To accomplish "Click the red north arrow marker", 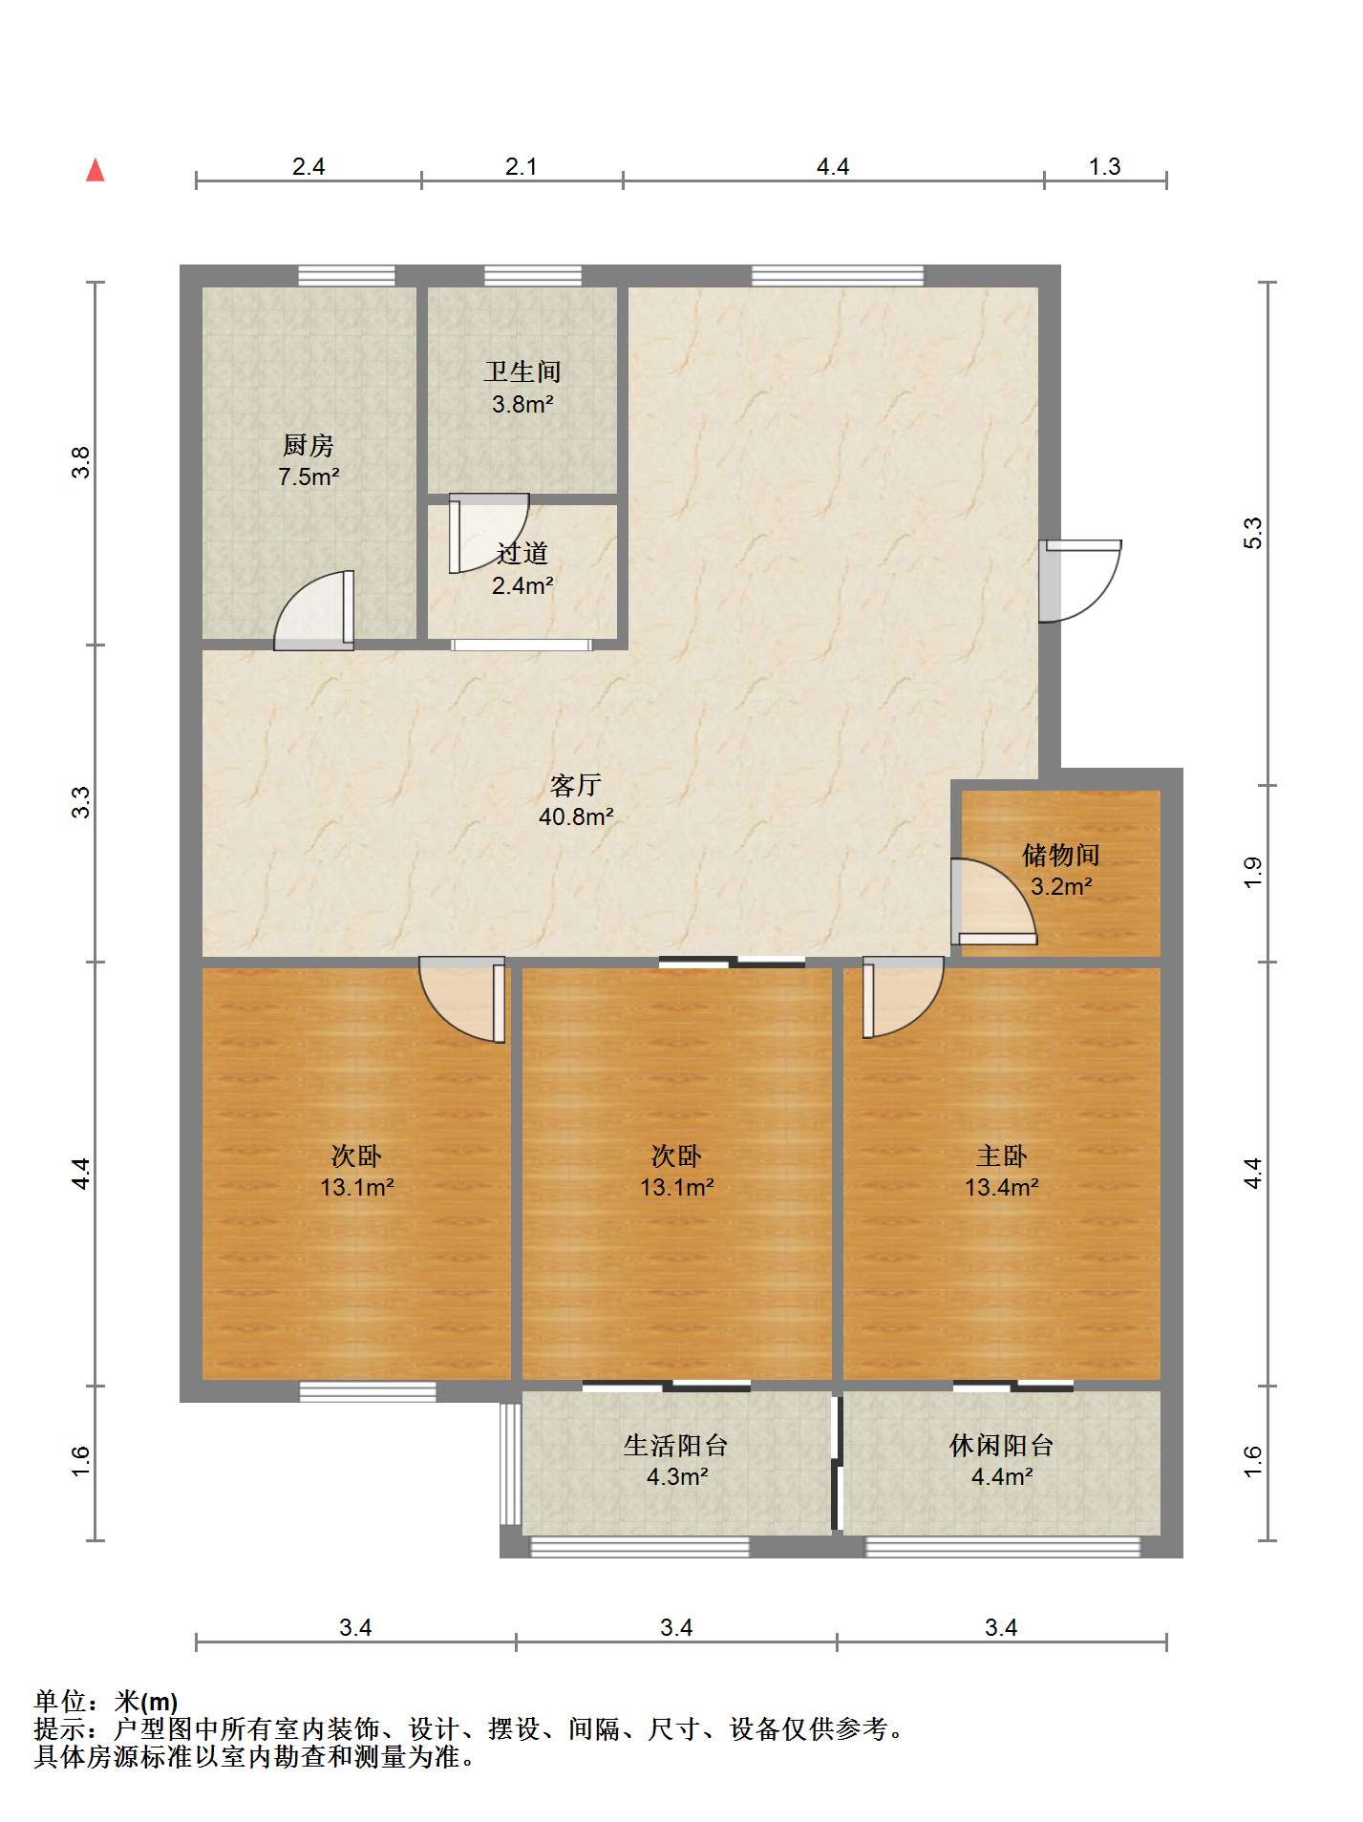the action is point(95,170).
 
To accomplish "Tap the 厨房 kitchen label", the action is point(308,445).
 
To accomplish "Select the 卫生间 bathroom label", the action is point(522,371).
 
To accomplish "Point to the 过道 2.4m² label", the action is point(522,569).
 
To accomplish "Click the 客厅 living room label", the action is point(575,785).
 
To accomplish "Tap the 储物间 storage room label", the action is point(1061,855).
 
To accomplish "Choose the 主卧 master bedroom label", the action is point(1001,1156).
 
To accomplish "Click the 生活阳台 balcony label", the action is point(676,1446).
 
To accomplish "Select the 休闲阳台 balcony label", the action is point(1001,1446).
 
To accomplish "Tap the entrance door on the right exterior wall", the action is point(1080,581).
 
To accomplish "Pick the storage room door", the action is point(993,901).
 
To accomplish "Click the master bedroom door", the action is point(903,998).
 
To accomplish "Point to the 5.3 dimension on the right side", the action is point(1252,533).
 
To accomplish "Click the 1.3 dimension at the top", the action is point(1104,167).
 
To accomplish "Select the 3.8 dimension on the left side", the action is point(82,463).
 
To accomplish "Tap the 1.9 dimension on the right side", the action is point(1252,873).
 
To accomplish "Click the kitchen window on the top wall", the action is point(347,276).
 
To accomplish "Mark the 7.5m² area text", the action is point(309,477).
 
